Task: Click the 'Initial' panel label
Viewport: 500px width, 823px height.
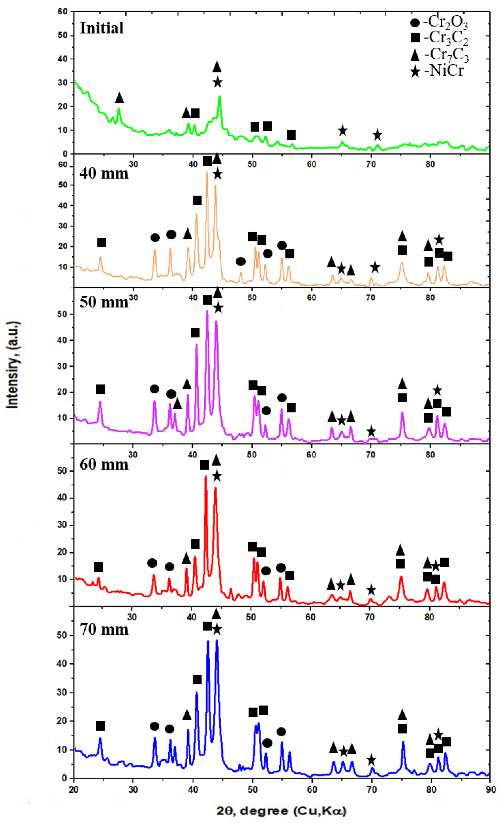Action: pos(102,28)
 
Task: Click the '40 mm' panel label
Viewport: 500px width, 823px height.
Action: pos(104,173)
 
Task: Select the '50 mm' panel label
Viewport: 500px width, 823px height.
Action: pos(104,302)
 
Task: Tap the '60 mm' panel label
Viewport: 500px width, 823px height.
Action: pos(104,464)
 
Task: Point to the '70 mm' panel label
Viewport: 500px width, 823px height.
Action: pos(104,629)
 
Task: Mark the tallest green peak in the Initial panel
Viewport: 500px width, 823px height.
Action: pos(219,97)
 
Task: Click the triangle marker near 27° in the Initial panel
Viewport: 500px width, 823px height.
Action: pos(119,98)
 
